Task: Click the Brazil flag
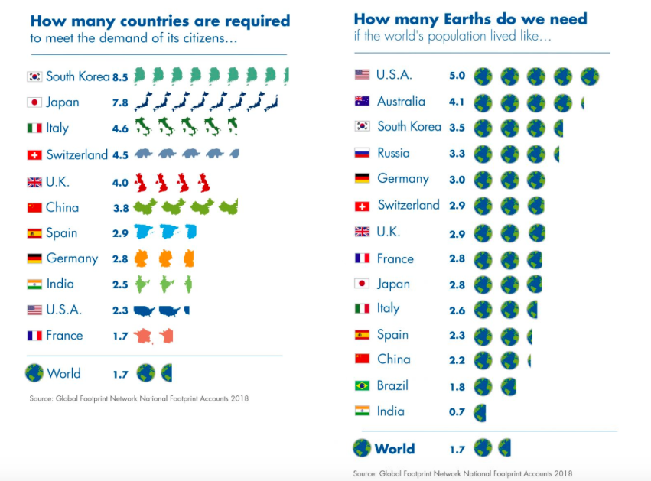362,385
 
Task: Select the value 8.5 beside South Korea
120,77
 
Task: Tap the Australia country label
401,101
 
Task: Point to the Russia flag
362,153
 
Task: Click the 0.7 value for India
457,412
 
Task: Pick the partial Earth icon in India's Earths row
479,412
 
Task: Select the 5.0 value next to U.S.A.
457,76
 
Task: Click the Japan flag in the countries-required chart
34,102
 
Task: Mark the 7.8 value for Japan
120,103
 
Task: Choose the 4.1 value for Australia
457,102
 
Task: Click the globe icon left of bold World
361,448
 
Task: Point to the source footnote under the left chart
138,398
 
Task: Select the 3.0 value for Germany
457,180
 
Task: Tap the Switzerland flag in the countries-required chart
34,155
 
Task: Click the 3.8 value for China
120,208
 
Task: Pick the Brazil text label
392,385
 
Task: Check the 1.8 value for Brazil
457,386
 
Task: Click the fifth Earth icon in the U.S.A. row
589,76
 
